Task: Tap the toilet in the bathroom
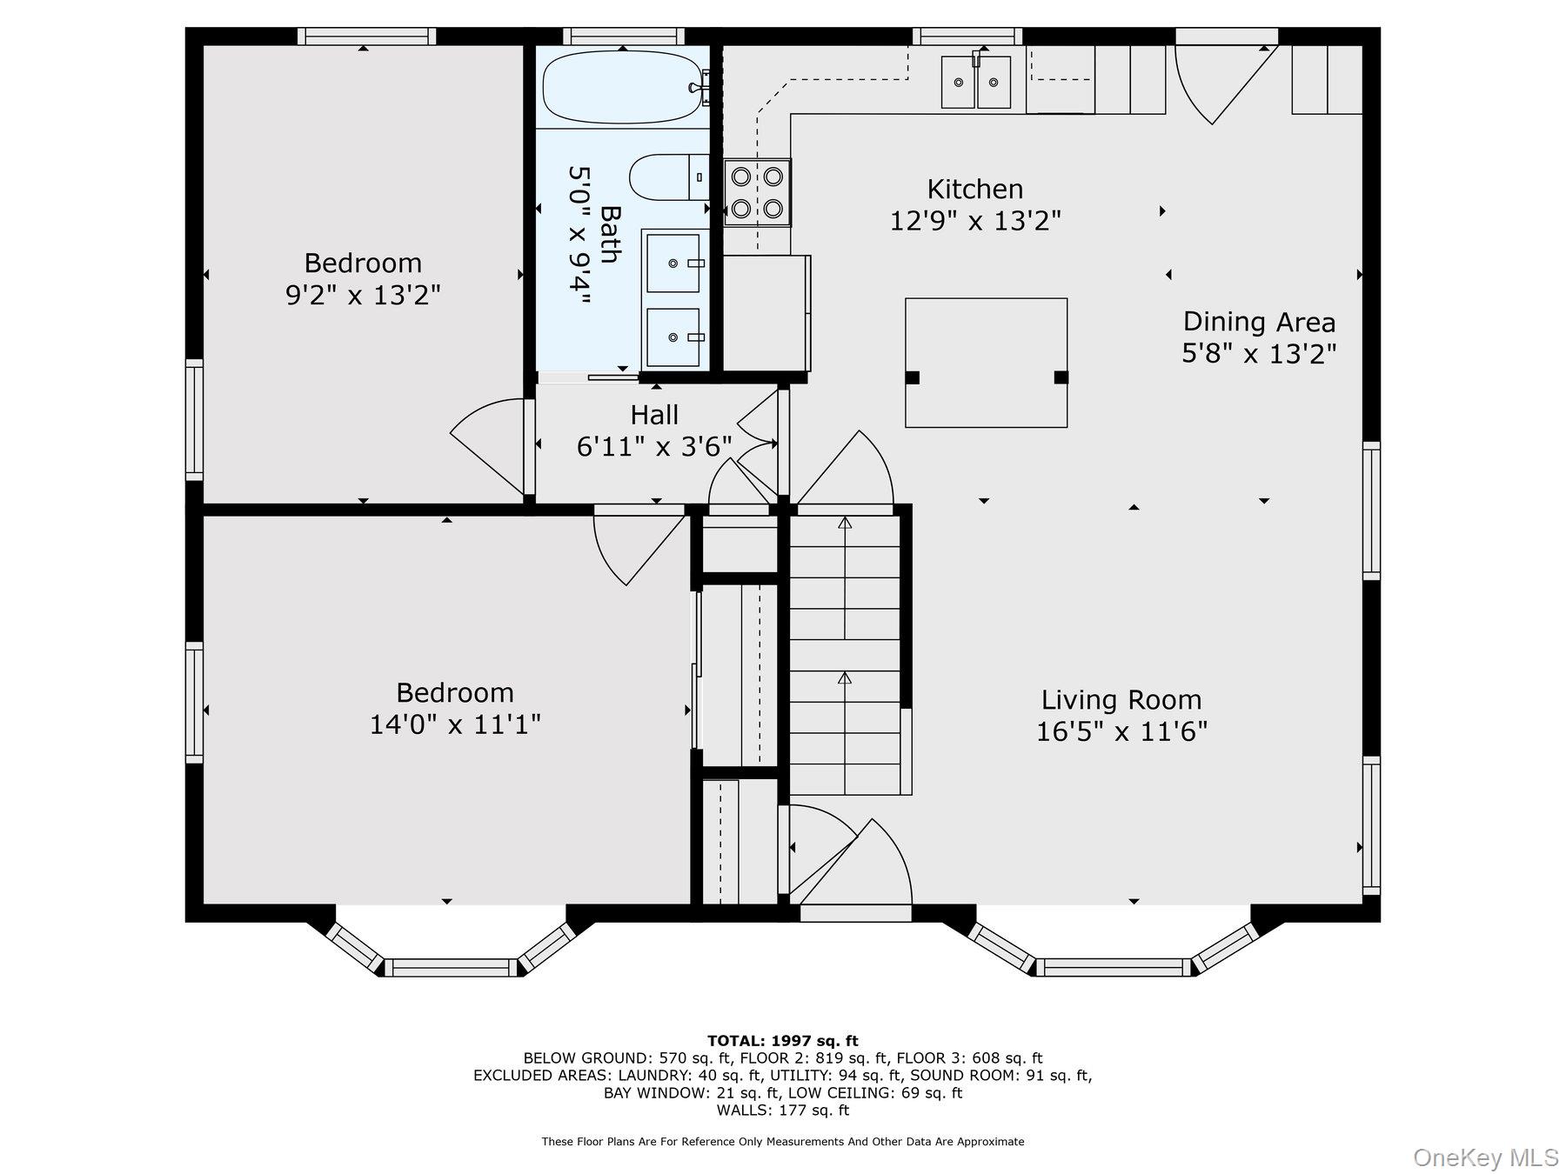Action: pos(668,177)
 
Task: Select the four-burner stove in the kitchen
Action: pos(757,192)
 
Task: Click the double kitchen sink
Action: pos(976,82)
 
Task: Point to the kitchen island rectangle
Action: pos(986,363)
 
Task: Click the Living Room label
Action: pos(1121,700)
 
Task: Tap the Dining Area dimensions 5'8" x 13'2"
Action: pos(1258,354)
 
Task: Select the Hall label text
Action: pos(654,415)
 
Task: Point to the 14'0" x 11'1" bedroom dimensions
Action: pos(455,724)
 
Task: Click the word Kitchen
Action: pos(974,190)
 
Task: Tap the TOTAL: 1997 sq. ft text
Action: pos(782,1041)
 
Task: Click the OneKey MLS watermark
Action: pos(1485,1157)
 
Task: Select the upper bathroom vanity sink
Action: pos(673,263)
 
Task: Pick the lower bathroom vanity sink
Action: pos(673,337)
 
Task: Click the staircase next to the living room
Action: pos(844,652)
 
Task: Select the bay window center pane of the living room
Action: pos(1113,967)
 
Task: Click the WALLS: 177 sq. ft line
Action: pos(782,1111)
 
